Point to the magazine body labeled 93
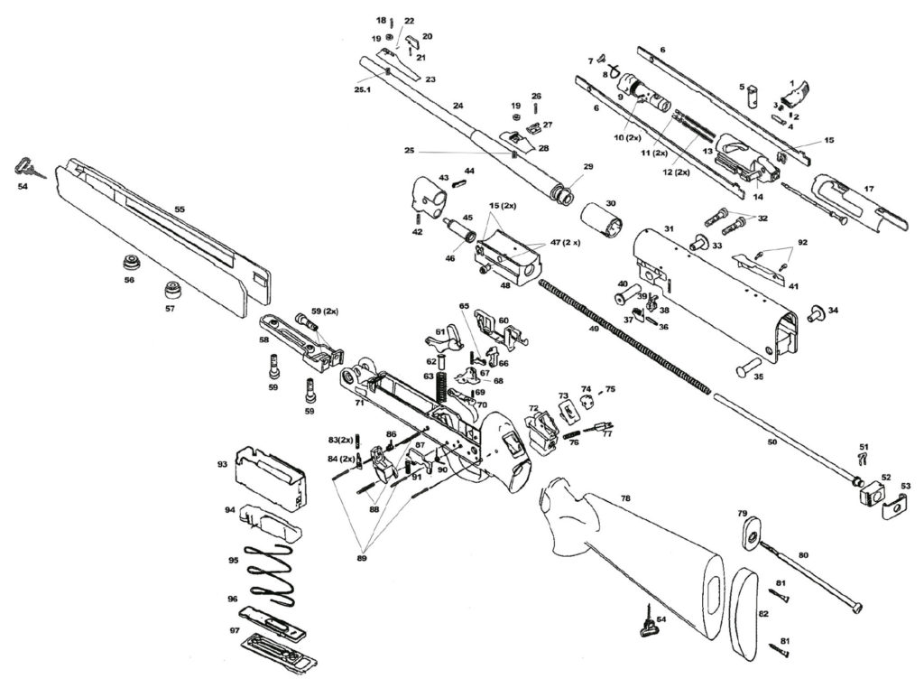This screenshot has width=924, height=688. pos(268,478)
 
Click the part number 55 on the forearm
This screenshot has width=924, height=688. pos(180,209)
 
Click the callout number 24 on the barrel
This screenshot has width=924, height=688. pos(458,107)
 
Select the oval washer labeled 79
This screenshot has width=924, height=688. pos(748,534)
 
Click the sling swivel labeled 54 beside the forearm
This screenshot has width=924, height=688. pos(24,167)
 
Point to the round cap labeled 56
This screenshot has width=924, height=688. pos(133,264)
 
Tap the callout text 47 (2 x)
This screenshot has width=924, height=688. pos(565,244)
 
